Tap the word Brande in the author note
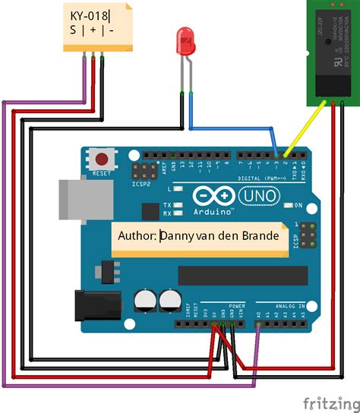tap(261, 236)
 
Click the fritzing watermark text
tap(329, 400)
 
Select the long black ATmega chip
tap(232, 276)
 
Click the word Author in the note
tap(137, 236)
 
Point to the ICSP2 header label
tap(141, 184)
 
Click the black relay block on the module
tap(330, 57)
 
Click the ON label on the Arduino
tap(298, 206)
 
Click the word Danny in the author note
tap(175, 236)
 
